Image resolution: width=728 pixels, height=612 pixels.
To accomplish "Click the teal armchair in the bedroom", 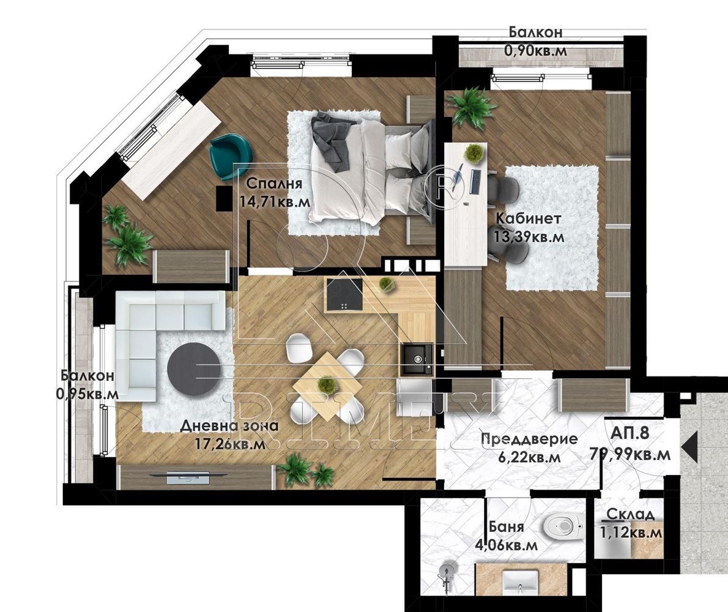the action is click(x=230, y=155).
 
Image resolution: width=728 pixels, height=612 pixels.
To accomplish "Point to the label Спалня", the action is click(x=274, y=184).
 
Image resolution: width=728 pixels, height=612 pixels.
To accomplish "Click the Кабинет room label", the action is click(x=529, y=218).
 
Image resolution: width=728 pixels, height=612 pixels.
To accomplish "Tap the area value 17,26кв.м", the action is click(x=229, y=444).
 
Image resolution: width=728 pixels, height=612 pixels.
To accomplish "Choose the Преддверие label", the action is click(x=529, y=438).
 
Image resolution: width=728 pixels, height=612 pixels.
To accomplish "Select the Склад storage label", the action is click(x=631, y=514).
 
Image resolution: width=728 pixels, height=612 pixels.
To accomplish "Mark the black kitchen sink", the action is click(x=417, y=359).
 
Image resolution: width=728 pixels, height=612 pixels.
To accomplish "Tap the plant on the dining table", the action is click(x=327, y=384).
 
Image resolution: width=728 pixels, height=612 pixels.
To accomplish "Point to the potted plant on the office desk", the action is click(x=474, y=153).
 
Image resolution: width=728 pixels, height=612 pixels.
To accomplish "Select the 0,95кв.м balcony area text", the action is click(x=87, y=394).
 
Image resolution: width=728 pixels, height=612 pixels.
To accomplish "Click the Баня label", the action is click(x=507, y=526).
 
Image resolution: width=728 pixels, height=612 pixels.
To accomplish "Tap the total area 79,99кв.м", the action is click(x=631, y=453).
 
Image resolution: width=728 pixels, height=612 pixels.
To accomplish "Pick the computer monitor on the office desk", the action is click(x=476, y=182).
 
